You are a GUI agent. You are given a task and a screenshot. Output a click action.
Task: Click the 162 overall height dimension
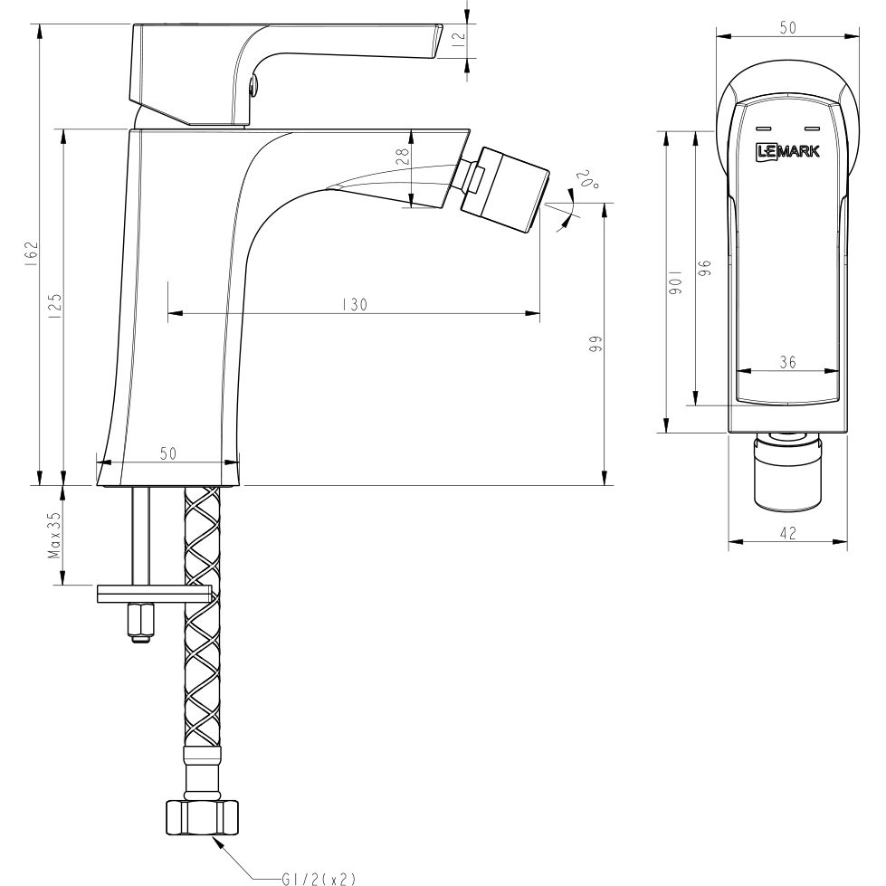click(31, 251)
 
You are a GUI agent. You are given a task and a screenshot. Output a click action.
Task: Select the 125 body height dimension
click(55, 303)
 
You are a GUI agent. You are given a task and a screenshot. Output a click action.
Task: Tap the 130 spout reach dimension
click(354, 306)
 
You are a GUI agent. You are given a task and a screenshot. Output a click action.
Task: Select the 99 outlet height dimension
click(596, 345)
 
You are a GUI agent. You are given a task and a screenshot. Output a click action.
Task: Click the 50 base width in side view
click(168, 453)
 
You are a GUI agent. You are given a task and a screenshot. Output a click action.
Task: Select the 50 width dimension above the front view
click(787, 28)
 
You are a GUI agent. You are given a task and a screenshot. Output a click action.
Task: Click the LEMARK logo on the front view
click(787, 151)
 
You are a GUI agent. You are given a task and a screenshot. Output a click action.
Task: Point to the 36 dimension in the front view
click(787, 362)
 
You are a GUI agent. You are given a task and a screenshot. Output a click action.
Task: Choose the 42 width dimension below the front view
click(787, 534)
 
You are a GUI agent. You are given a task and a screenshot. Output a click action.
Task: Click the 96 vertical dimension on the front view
click(705, 268)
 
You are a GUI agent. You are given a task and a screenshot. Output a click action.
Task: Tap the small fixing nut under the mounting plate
click(140, 622)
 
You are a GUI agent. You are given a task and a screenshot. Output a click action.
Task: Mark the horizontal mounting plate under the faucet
click(154, 594)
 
